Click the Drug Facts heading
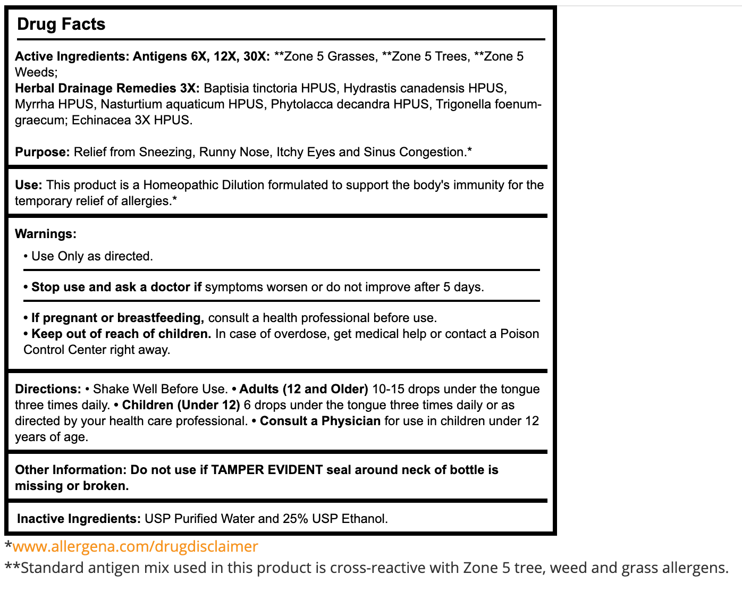click(x=61, y=24)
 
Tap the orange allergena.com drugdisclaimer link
click(x=135, y=546)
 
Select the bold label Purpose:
click(x=43, y=152)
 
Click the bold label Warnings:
click(x=46, y=234)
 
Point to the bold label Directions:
click(x=48, y=389)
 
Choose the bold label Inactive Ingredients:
click(x=79, y=519)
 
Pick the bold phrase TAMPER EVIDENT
click(x=267, y=470)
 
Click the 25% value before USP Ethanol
click(x=296, y=519)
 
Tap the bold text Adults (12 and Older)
click(x=303, y=389)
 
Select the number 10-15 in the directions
click(x=389, y=389)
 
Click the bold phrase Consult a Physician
click(x=320, y=421)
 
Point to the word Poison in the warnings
click(x=519, y=334)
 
